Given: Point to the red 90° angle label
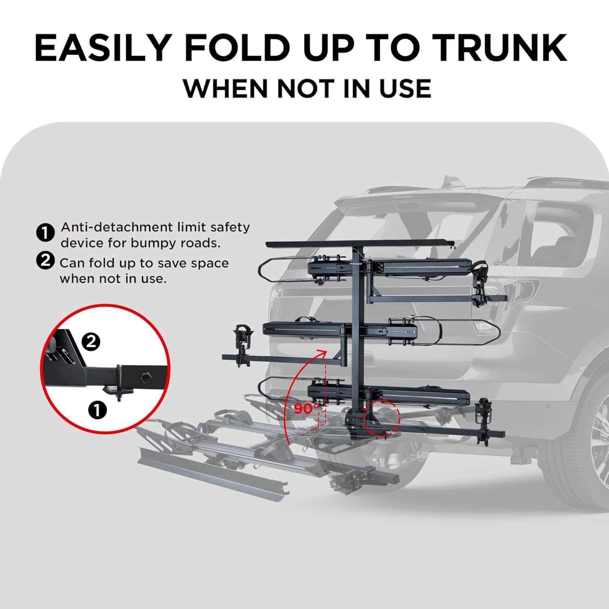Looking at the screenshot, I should (x=307, y=408).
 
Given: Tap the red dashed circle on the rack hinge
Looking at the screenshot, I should (x=382, y=418).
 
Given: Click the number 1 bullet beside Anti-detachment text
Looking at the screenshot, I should (x=45, y=233).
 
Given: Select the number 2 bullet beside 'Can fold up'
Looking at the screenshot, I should (x=45, y=260).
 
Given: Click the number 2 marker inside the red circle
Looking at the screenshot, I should (x=91, y=342).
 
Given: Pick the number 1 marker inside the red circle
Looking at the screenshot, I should (x=97, y=410).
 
